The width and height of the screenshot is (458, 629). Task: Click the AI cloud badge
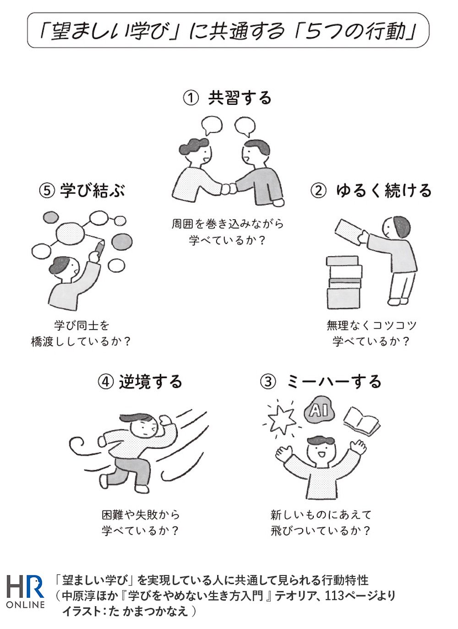(x=319, y=410)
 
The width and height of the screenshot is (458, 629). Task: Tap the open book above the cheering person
(x=361, y=420)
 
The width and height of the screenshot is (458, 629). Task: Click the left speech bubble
(x=211, y=125)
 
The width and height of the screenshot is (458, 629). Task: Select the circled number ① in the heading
(x=191, y=98)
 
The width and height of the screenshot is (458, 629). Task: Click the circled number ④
(x=106, y=381)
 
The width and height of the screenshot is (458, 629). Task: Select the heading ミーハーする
(x=334, y=381)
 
